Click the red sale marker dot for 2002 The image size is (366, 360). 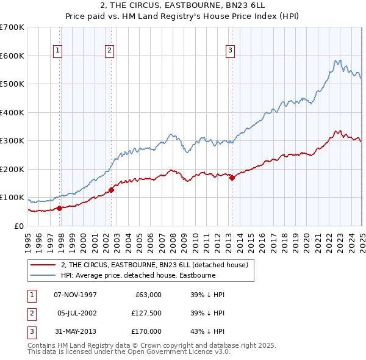coord(112,190)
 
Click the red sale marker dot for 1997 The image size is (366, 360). coord(60,208)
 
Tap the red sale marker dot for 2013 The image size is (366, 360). coord(232,178)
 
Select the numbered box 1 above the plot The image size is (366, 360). coord(57,51)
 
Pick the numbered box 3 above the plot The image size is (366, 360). coord(231,51)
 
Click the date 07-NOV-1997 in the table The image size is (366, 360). coord(75,295)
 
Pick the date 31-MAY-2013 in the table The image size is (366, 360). coord(75,332)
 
